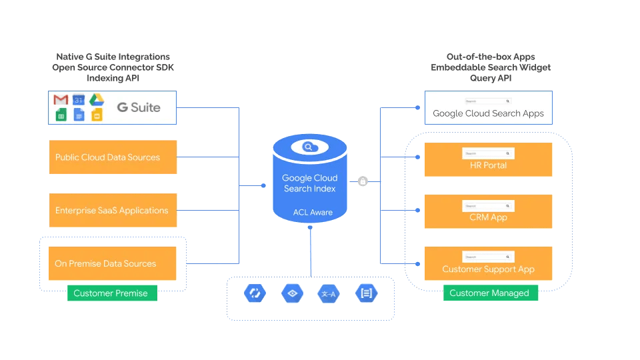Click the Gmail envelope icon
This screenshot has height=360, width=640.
tap(61, 99)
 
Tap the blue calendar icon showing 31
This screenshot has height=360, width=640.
tap(79, 99)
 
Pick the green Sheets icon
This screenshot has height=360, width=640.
tap(61, 115)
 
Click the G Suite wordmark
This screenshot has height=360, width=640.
tap(138, 107)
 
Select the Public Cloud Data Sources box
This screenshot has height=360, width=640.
tap(113, 157)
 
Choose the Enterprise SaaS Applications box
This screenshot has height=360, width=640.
tap(113, 211)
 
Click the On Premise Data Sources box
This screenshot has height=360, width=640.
tap(113, 263)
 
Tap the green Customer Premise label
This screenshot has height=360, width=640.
tap(111, 293)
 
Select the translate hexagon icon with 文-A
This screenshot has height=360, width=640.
tap(329, 293)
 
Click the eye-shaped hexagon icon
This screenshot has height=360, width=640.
tap(293, 293)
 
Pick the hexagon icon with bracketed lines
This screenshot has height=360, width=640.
tap(367, 293)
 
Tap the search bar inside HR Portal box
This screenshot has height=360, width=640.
tap(488, 153)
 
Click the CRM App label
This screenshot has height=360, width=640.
tap(489, 217)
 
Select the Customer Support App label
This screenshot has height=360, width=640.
tap(489, 270)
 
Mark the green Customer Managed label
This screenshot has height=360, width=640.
tap(489, 293)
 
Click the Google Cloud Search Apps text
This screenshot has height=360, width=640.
tap(489, 113)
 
